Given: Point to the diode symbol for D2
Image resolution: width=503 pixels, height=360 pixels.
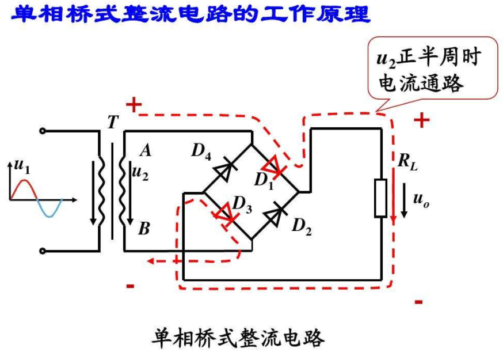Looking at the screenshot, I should (276, 214).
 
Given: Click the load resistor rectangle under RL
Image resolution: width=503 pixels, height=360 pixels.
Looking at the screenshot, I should (380, 198).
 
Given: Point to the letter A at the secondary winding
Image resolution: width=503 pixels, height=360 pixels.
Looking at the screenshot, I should (145, 151).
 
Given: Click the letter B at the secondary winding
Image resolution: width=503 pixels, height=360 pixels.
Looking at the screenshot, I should (144, 229).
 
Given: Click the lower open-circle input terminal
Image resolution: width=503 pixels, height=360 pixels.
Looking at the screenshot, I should (43, 251).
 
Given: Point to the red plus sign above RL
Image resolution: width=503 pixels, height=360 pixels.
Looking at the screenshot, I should (422, 120).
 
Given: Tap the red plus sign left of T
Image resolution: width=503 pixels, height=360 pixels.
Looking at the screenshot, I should (134, 105).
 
